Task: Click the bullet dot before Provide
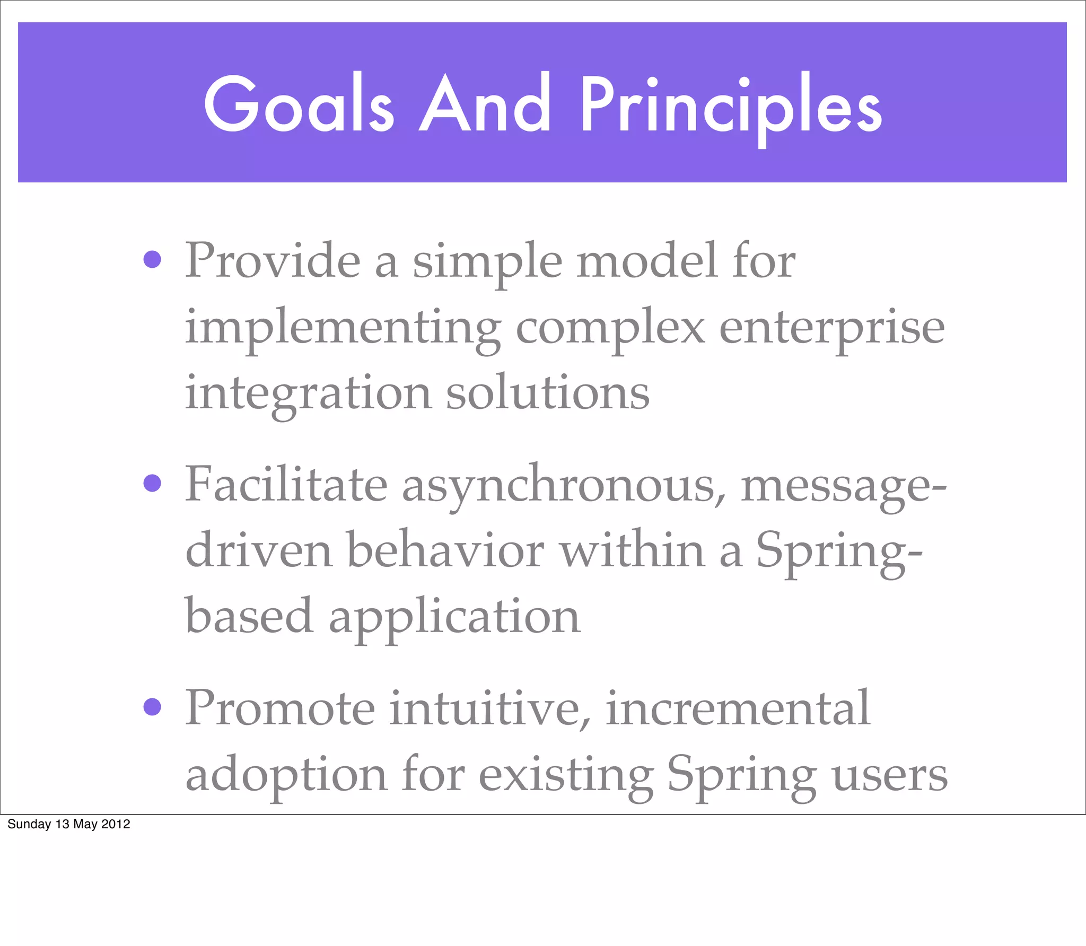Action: [x=152, y=259]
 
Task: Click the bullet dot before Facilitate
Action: [x=152, y=483]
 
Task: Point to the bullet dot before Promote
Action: [x=152, y=707]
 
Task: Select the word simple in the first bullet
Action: [x=487, y=262]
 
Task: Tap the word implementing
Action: [x=342, y=329]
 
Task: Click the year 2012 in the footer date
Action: [x=116, y=824]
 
